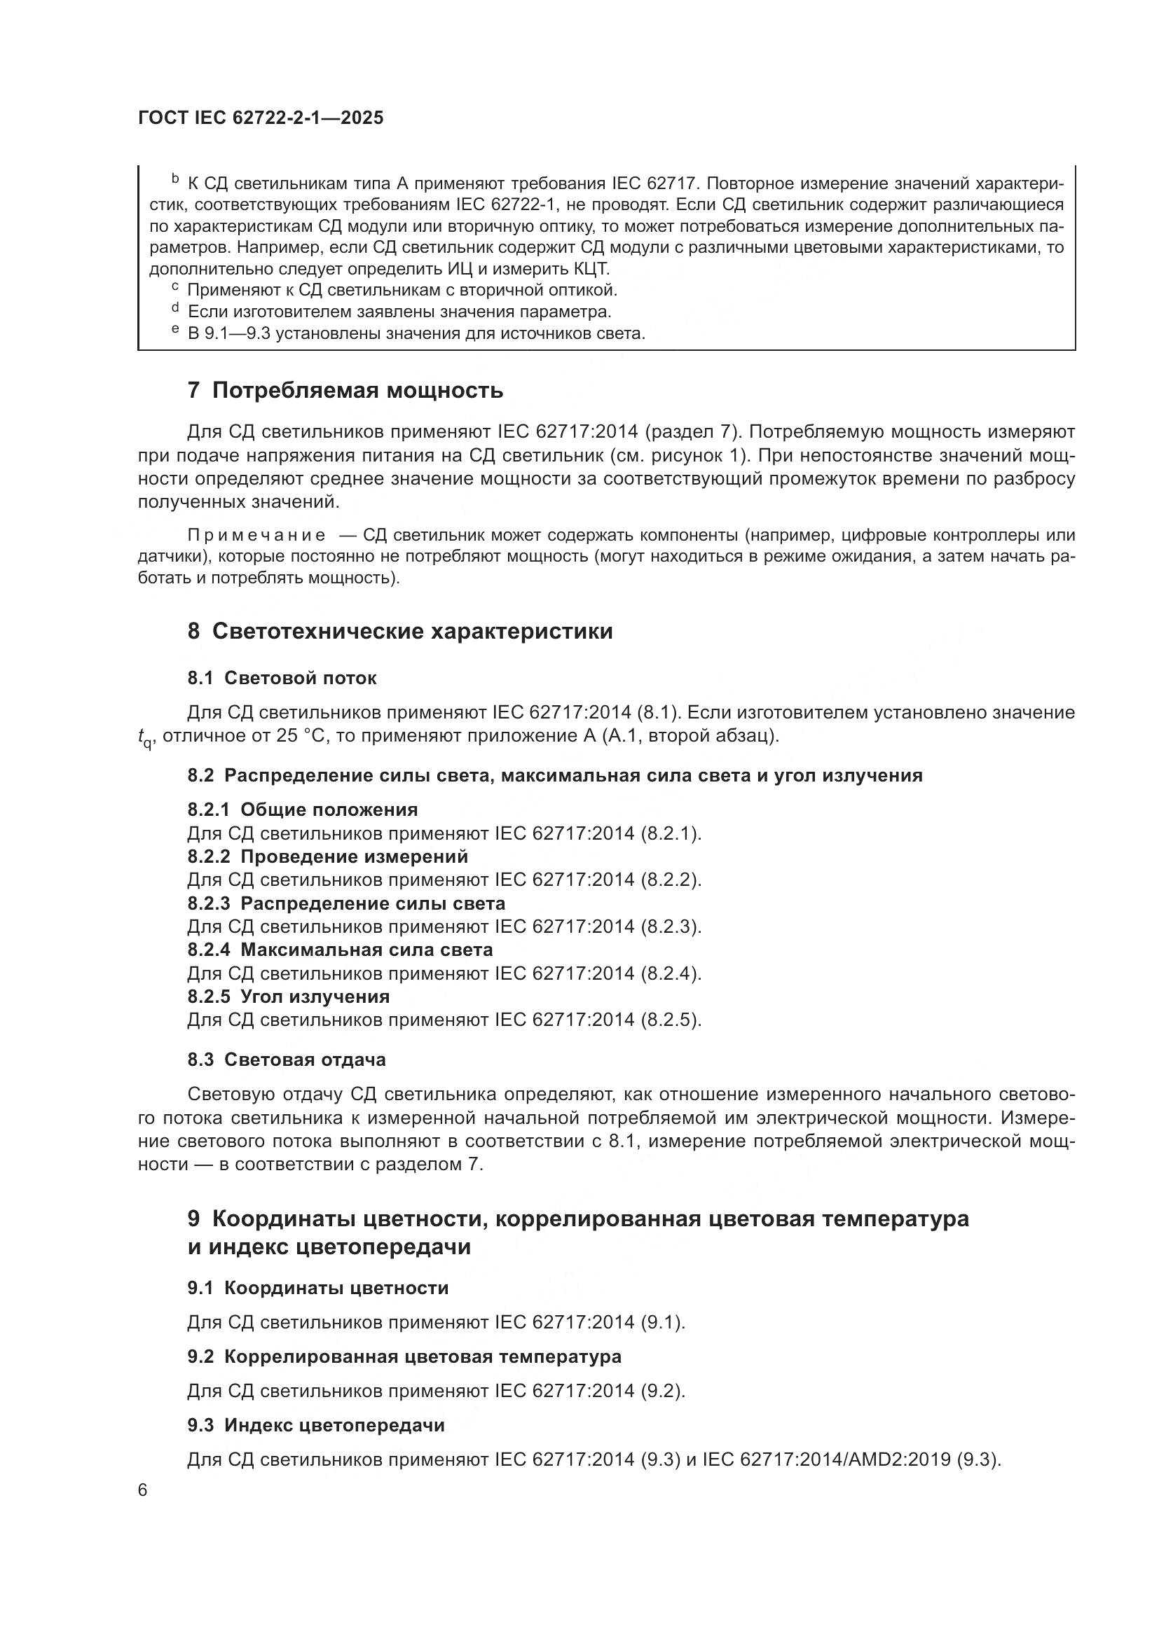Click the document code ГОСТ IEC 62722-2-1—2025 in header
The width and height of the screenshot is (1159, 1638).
point(261,118)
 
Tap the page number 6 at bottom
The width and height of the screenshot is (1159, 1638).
point(143,1490)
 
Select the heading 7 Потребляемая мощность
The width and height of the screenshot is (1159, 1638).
point(345,391)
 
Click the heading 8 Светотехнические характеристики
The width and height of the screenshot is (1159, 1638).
point(399,632)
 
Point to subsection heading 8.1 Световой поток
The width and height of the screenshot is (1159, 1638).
point(282,678)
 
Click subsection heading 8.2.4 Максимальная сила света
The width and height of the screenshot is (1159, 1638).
point(340,950)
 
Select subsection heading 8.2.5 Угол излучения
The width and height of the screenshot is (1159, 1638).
point(288,997)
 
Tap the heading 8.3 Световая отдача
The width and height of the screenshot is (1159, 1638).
point(286,1060)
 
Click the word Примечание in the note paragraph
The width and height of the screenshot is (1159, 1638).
point(256,536)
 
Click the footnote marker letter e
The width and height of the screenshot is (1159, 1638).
point(175,331)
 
